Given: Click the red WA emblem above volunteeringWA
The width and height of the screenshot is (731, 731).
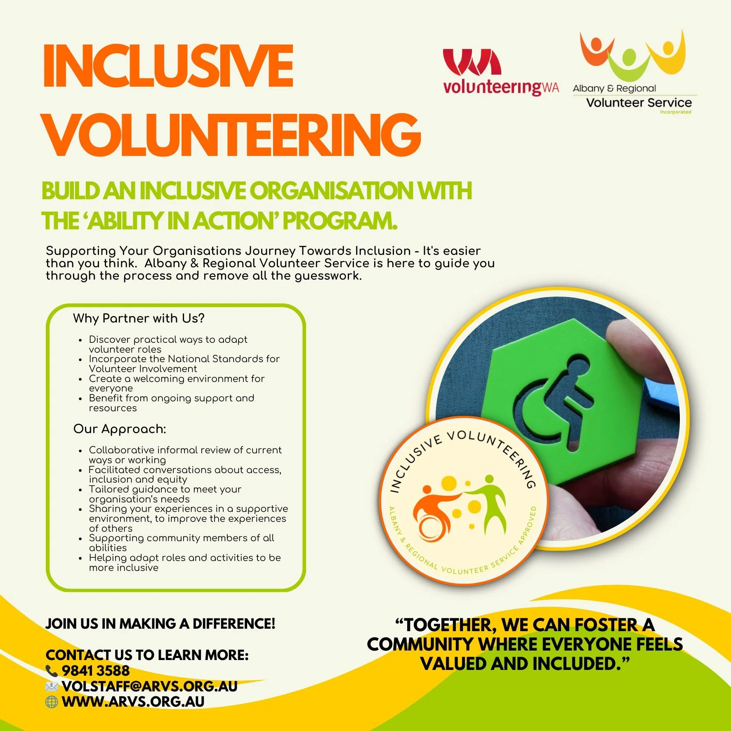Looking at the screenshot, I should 472,62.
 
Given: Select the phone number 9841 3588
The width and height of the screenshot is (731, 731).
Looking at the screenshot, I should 96,671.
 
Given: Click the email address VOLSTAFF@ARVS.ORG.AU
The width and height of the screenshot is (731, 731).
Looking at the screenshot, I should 149,686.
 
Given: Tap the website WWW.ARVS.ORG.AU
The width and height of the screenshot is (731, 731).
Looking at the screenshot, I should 133,702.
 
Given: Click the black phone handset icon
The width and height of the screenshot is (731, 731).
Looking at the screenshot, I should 52,671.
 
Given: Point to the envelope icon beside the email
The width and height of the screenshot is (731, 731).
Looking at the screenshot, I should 52,686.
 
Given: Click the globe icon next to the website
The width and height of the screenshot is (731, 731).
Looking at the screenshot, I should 52,702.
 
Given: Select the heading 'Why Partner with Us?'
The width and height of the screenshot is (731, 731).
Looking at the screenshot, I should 139,318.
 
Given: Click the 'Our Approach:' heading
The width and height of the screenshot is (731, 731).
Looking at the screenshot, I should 120,429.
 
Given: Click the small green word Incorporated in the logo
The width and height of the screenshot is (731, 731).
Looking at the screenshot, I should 675,112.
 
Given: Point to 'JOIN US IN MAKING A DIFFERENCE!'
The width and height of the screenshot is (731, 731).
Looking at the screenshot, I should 160,624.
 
